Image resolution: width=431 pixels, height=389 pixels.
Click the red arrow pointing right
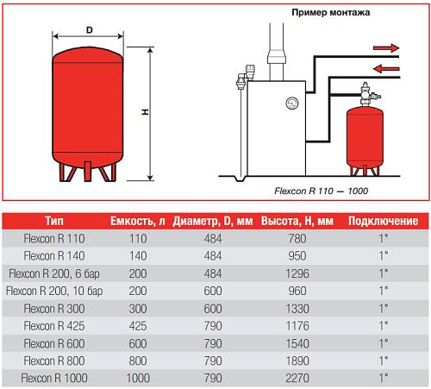(x=386, y=47)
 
